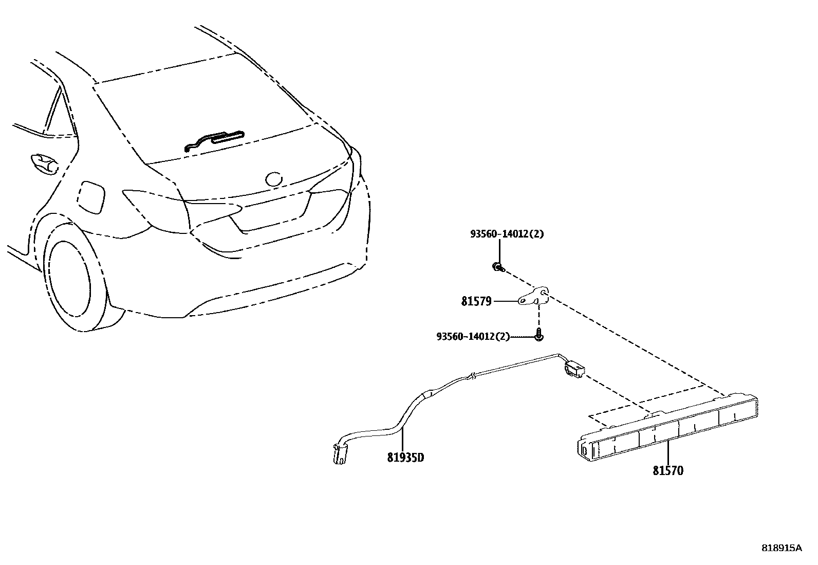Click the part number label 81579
click(x=476, y=301)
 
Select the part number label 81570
click(x=668, y=470)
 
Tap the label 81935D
click(x=405, y=457)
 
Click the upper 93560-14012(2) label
click(x=507, y=234)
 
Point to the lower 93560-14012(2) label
click(x=473, y=336)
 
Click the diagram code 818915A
click(x=781, y=548)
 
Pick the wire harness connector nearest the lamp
click(x=574, y=369)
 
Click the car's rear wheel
click(x=72, y=280)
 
